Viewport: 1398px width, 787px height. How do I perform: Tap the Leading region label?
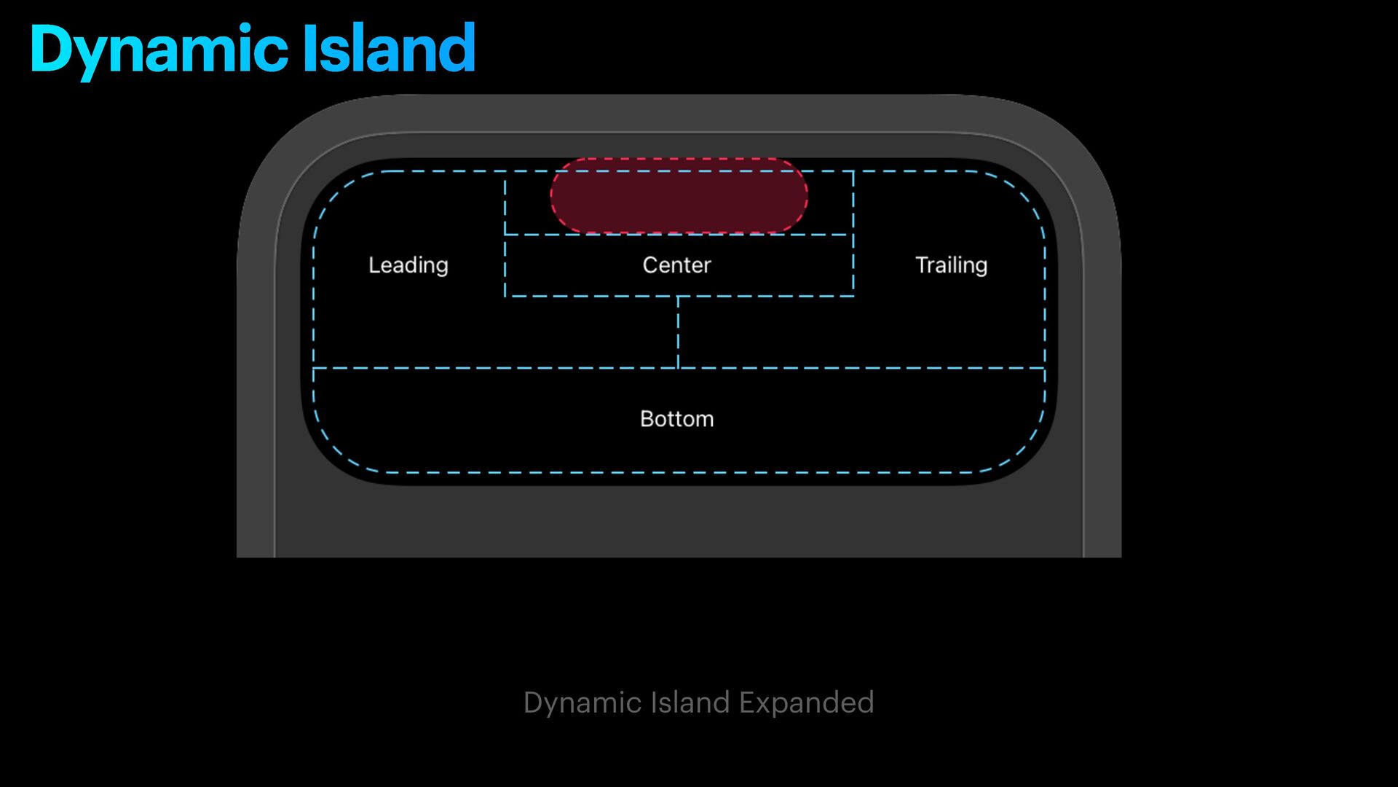[x=408, y=265]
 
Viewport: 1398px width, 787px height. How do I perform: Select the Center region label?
[x=676, y=265]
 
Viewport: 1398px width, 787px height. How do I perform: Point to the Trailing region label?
[x=951, y=265]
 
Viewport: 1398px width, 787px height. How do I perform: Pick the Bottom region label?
[x=676, y=419]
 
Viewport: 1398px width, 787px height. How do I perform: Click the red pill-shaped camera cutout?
[x=679, y=195]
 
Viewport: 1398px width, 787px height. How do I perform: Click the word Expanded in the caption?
[x=806, y=702]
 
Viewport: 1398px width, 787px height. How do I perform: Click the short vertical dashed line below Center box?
[x=678, y=332]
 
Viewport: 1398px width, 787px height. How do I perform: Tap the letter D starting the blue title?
[x=51, y=49]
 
